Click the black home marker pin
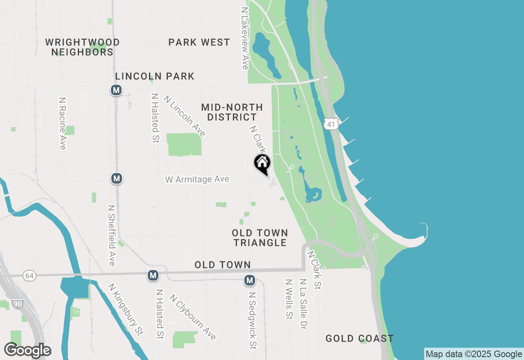click(x=262, y=163)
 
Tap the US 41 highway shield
click(x=330, y=124)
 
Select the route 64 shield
click(x=29, y=276)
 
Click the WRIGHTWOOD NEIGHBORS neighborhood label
click(x=82, y=47)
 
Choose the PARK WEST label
click(x=199, y=42)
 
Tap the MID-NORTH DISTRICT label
click(x=232, y=112)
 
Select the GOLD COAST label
click(x=359, y=338)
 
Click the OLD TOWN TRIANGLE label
click(x=260, y=238)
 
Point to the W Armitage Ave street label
click(x=197, y=179)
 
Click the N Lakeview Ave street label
click(x=245, y=38)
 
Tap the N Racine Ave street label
click(x=62, y=123)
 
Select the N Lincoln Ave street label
click(x=185, y=116)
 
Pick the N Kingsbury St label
click(x=126, y=310)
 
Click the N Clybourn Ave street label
click(x=192, y=317)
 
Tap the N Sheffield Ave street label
click(x=111, y=235)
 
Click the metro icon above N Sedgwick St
click(x=250, y=280)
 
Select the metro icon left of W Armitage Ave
click(x=117, y=178)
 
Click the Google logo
click(x=27, y=350)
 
